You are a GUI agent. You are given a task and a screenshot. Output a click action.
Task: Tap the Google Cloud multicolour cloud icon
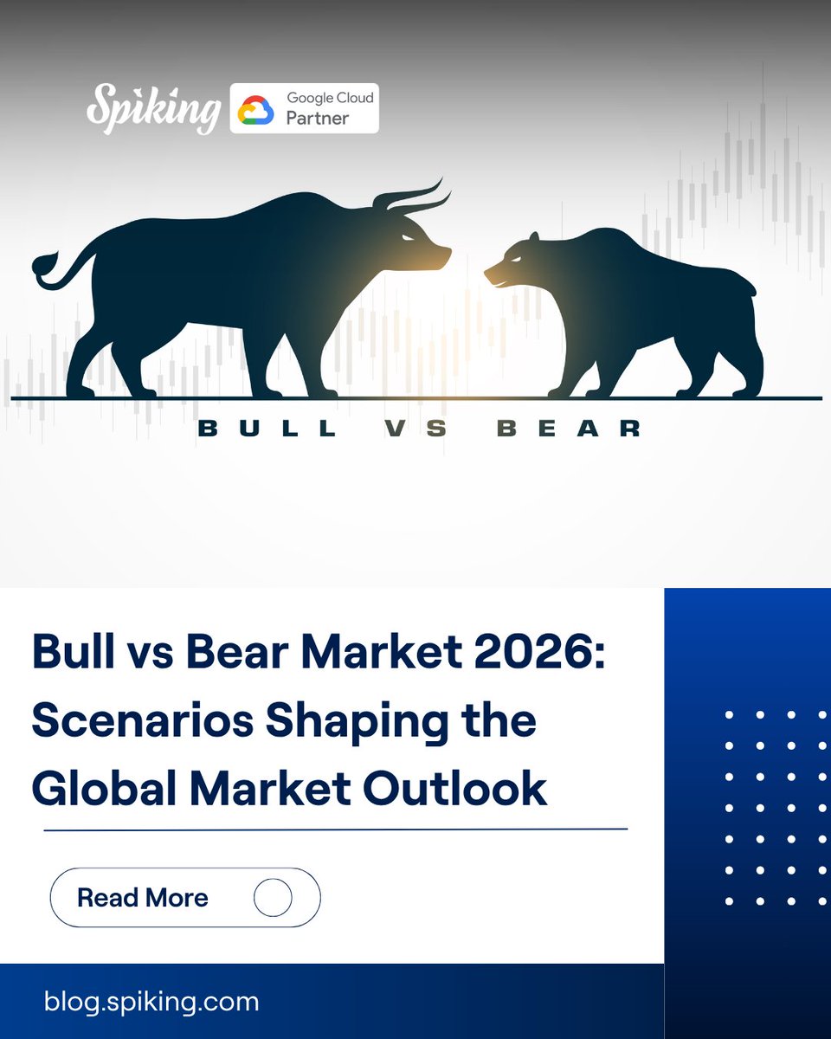point(255,109)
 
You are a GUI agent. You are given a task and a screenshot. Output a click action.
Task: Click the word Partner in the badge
point(318,118)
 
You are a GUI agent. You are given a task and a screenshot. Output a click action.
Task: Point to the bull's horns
point(414,198)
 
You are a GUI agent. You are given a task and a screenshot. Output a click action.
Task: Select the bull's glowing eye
point(407,237)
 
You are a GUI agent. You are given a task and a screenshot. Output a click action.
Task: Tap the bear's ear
point(534,237)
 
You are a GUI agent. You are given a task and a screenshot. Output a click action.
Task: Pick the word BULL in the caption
point(267,428)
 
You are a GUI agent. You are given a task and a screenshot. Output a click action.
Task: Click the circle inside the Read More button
point(273,897)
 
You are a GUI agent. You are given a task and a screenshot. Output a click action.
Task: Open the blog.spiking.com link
point(151,1002)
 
